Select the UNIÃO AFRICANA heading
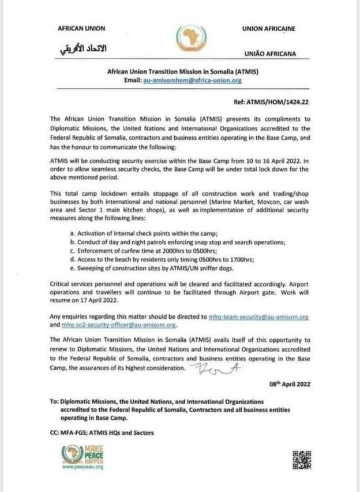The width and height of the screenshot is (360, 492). coord(269,54)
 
